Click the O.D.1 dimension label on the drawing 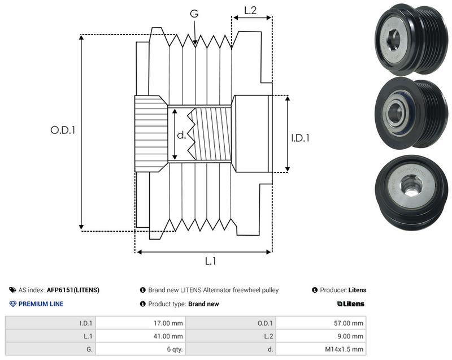point(63,130)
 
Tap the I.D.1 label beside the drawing point(300,138)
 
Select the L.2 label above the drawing point(250,10)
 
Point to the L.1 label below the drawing point(210,261)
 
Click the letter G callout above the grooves point(194,13)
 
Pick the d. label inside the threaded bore point(181,135)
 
